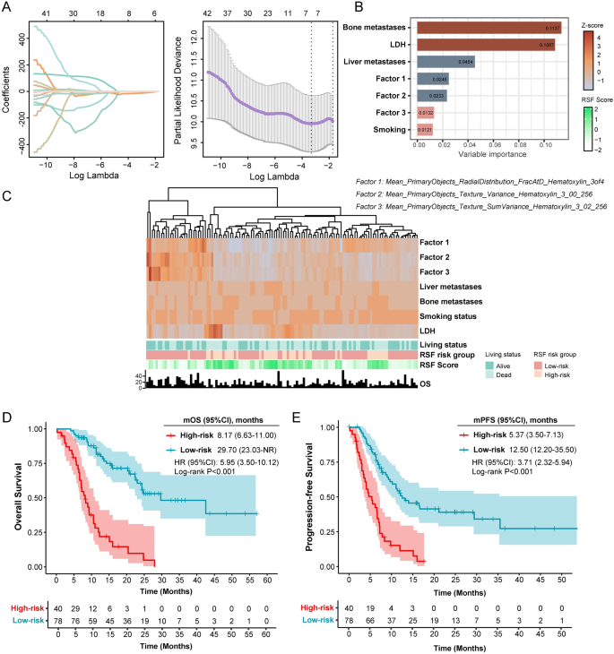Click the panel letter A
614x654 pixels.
point(7,8)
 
